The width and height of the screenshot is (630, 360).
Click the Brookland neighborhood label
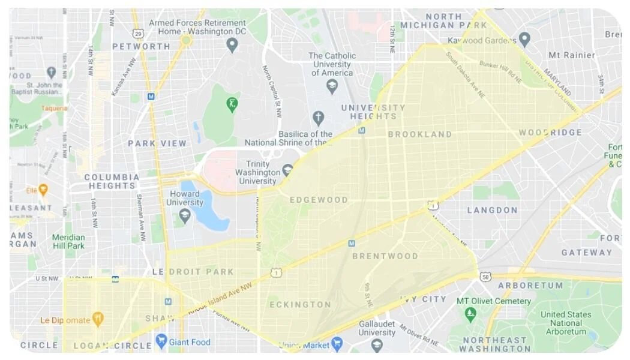pos(419,134)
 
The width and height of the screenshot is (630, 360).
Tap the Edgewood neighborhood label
pos(319,200)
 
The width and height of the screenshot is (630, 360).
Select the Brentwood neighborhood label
pos(385,256)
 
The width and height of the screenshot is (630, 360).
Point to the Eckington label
pos(300,305)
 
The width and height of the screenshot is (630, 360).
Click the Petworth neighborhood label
pos(141,46)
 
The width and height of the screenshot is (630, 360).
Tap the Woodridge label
pos(550,133)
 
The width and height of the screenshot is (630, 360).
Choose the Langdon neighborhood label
pos(492,210)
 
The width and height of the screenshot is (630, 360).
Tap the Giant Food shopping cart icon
pos(161,341)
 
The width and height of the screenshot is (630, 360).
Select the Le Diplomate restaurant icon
pos(97,319)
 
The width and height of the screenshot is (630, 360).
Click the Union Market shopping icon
pos(337,344)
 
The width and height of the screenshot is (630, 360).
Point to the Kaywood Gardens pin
pos(524,40)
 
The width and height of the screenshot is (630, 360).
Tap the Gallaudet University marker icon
pos(377,344)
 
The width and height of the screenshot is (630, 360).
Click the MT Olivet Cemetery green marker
pos(470,313)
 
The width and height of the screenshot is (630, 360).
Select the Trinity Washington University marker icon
pos(287,171)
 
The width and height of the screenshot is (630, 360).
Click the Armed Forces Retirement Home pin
pos(232,44)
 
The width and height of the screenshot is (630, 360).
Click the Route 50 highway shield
pos(485,277)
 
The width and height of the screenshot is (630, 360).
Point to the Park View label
pos(157,143)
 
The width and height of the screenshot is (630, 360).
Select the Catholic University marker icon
pos(332,86)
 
